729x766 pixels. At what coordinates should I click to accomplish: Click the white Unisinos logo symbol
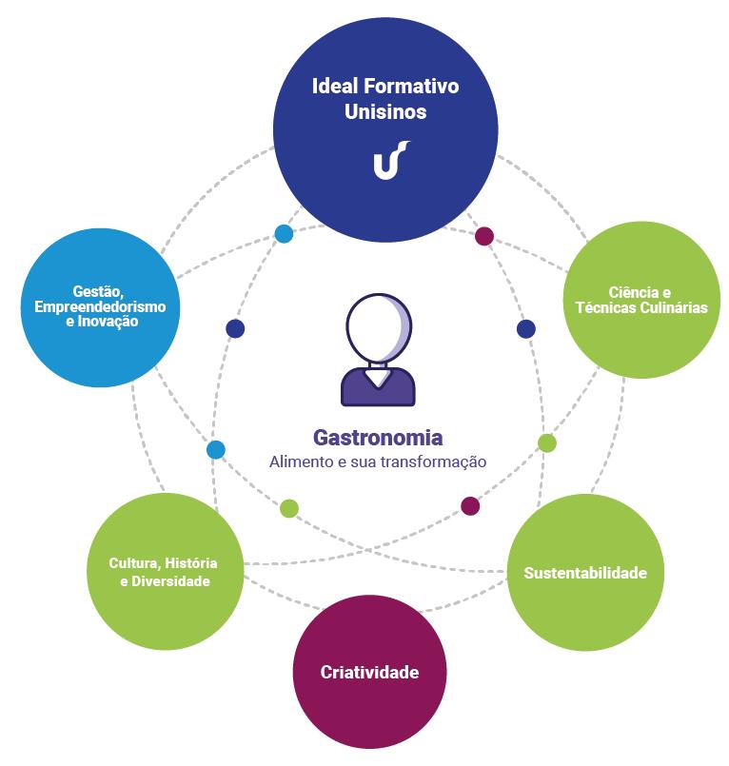pyautogui.click(x=390, y=159)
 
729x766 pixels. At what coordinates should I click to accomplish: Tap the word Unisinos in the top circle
pyautogui.click(x=385, y=111)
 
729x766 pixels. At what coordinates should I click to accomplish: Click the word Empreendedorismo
pyautogui.click(x=100, y=306)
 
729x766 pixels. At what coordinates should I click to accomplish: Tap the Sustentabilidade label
pyautogui.click(x=585, y=573)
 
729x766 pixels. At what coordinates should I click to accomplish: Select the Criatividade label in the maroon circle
pyautogui.click(x=369, y=672)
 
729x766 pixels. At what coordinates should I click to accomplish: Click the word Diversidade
pyautogui.click(x=171, y=580)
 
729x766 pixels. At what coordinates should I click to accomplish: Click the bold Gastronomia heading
pyautogui.click(x=378, y=439)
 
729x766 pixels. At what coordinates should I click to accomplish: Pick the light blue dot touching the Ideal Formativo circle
pyautogui.click(x=284, y=233)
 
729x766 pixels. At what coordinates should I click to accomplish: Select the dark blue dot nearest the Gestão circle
pyautogui.click(x=235, y=329)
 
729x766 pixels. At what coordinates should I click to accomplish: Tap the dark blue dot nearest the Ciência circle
pyautogui.click(x=526, y=329)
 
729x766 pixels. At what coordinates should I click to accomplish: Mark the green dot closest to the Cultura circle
pyautogui.click(x=289, y=508)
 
